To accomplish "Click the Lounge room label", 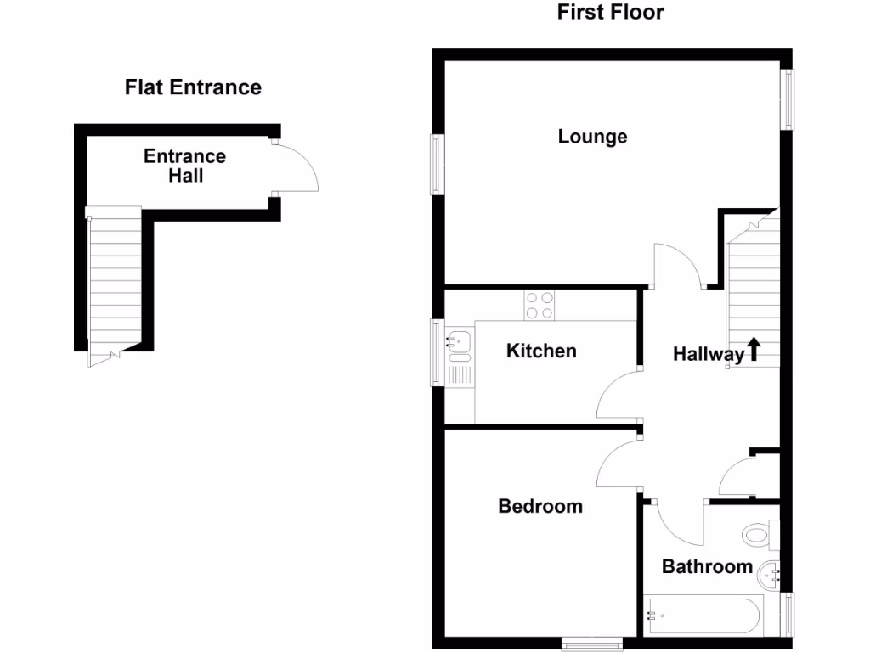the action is (x=592, y=137).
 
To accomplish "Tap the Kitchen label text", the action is (x=541, y=351).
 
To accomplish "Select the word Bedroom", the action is (x=540, y=506).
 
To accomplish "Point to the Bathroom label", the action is (x=708, y=566).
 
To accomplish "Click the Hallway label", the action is (x=709, y=354).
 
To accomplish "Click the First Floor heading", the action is (x=610, y=12).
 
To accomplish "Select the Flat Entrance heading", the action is (x=193, y=87).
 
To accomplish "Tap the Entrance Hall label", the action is (x=184, y=166).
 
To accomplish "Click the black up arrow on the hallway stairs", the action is (x=754, y=349).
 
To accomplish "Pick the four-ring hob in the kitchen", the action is (x=540, y=306).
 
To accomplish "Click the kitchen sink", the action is (x=460, y=357).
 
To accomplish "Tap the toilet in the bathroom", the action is (x=761, y=535).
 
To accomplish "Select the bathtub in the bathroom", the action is (x=703, y=616).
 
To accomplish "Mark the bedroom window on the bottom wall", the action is (x=592, y=644).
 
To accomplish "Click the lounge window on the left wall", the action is (x=438, y=165).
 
